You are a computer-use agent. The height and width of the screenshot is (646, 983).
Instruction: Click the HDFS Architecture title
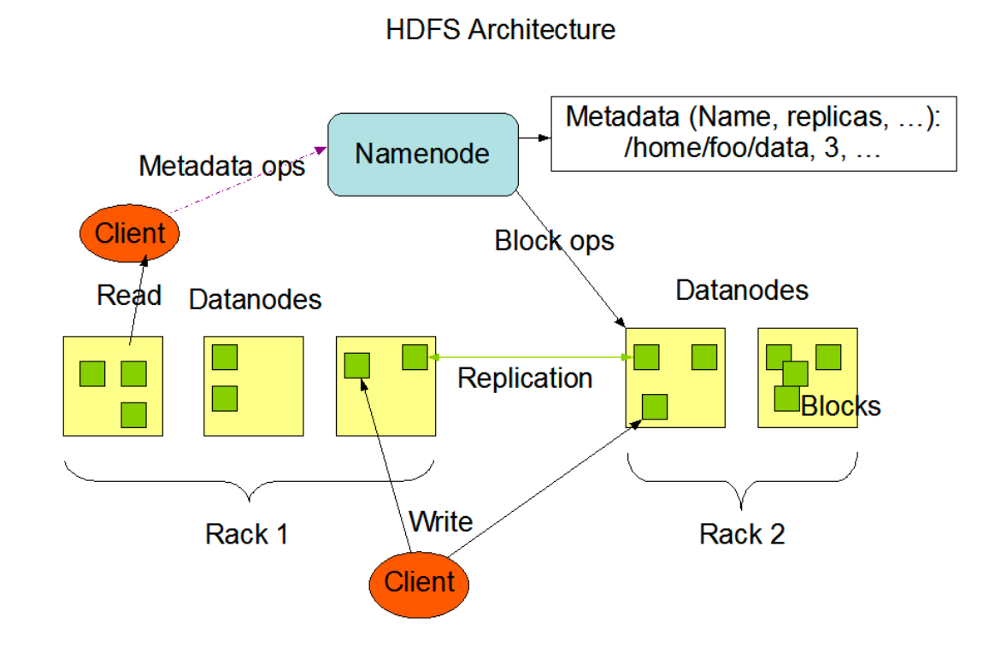coord(500,30)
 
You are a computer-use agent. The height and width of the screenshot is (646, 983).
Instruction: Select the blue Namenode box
coord(422,154)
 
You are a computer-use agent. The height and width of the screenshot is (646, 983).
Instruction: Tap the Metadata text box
coord(752,133)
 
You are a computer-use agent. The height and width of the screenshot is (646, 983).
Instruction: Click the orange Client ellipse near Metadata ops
coord(130,232)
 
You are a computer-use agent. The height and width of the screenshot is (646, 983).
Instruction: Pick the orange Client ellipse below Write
coord(419,583)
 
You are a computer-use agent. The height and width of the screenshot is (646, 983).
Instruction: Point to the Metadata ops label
coord(221,166)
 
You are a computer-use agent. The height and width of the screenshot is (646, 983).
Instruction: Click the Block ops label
coord(554,241)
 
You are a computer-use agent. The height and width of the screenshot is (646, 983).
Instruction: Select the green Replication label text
coord(525,378)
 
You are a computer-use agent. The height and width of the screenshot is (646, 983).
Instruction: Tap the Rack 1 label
coord(246,534)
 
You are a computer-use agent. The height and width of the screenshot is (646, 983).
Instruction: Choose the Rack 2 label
coord(741,534)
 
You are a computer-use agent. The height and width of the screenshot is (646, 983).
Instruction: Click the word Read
coord(129,296)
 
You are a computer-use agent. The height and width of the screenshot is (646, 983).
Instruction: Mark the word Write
coord(440,521)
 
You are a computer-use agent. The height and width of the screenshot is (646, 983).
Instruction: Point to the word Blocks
coord(840,405)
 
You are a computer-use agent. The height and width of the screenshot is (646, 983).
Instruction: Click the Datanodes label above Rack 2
coord(741,290)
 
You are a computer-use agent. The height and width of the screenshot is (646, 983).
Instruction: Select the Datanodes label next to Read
coord(255,300)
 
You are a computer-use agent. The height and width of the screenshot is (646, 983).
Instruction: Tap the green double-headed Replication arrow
coord(530,357)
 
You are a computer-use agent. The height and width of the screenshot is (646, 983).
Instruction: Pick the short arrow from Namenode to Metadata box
coord(533,137)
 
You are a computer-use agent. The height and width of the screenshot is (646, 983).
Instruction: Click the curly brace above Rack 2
coord(742,483)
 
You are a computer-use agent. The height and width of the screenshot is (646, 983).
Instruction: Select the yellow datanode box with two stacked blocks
coord(253,385)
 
